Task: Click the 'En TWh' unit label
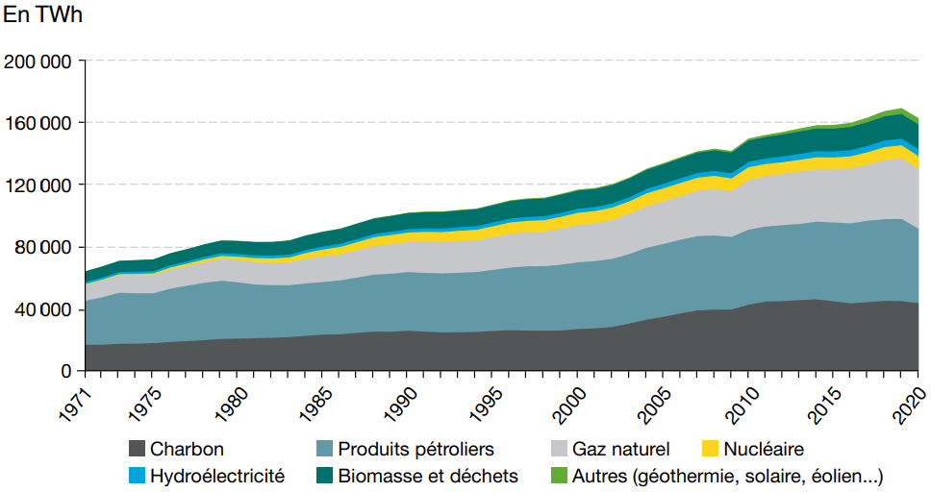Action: tap(43, 18)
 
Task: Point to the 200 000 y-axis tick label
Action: tap(38, 61)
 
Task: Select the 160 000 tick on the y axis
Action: tap(38, 123)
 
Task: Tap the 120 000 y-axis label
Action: tap(38, 185)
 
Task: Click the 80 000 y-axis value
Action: tap(43, 247)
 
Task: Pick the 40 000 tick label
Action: tap(43, 309)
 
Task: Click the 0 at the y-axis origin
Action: tap(66, 371)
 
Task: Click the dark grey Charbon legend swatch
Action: tap(137, 449)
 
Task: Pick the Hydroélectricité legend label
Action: tap(217, 476)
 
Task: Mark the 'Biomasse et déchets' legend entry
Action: tap(428, 476)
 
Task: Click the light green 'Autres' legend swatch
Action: tap(560, 476)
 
